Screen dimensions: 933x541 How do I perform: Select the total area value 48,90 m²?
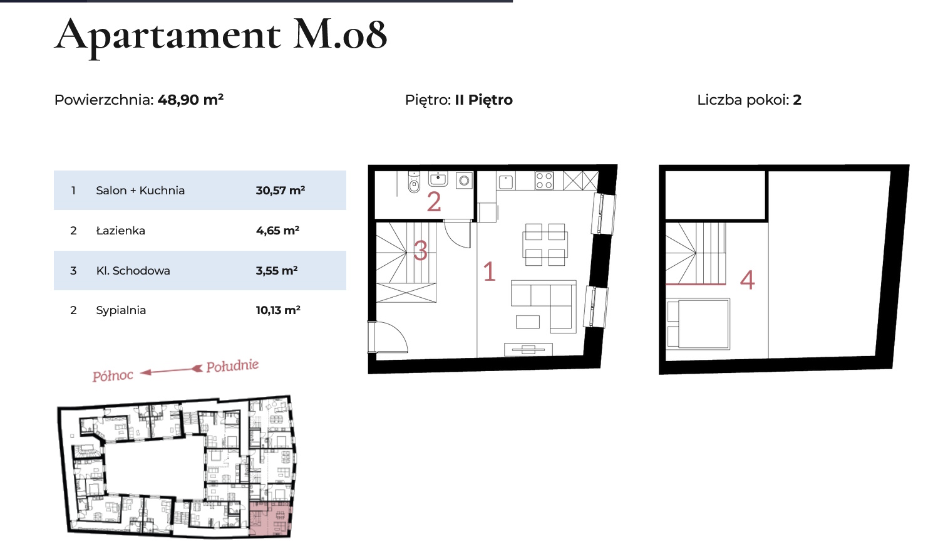[190, 100]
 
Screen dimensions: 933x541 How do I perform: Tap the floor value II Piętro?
[483, 100]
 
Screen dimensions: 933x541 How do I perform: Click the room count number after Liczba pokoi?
[796, 100]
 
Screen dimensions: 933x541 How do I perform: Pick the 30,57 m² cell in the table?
[281, 190]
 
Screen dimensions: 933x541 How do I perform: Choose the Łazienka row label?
[120, 231]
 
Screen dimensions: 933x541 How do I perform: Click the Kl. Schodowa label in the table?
[133, 271]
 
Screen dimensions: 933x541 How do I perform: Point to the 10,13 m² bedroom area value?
[278, 310]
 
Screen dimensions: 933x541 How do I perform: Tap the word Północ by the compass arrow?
[113, 376]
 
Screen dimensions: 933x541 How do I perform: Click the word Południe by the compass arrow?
[232, 366]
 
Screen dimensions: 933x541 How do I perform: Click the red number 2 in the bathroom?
[433, 202]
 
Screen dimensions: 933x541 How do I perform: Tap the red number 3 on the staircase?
[420, 251]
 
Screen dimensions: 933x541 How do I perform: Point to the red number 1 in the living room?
[490, 271]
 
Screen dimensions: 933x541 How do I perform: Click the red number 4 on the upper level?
[747, 280]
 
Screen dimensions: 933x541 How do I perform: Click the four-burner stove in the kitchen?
[544, 181]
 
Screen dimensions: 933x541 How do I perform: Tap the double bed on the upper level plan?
[698, 323]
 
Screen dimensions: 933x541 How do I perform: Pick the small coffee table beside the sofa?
[528, 322]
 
